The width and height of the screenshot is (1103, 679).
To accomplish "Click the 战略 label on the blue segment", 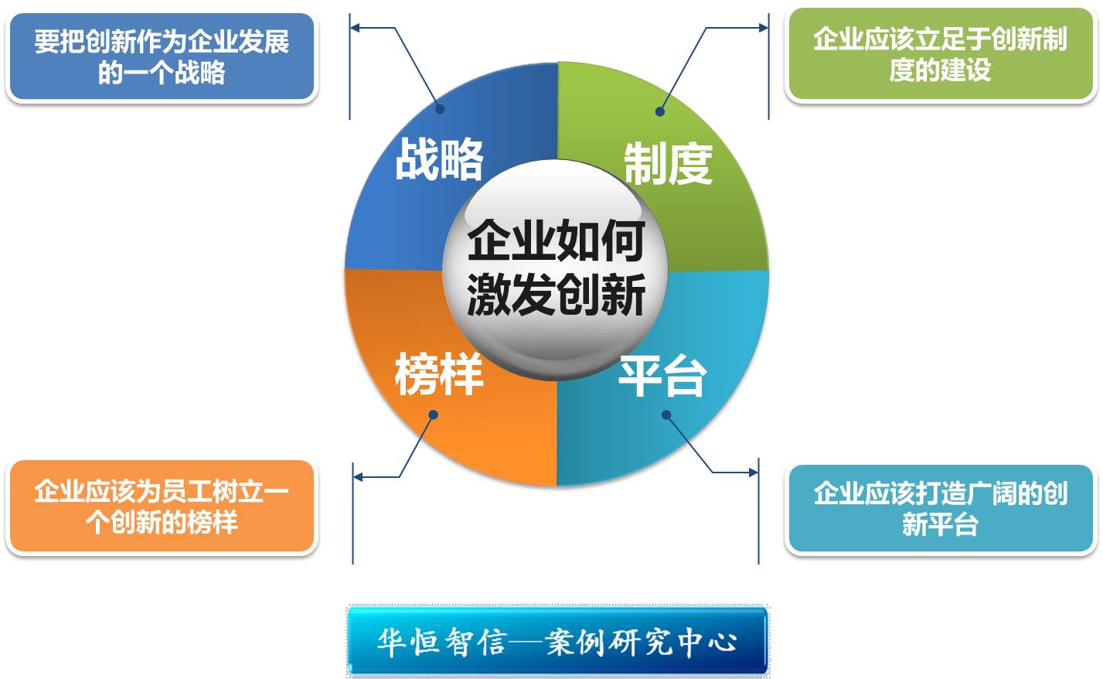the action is (439, 159).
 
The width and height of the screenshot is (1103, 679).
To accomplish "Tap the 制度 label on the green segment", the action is (668, 164).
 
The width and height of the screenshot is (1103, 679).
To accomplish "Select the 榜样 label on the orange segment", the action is (438, 374).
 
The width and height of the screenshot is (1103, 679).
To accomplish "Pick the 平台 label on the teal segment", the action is (662, 376).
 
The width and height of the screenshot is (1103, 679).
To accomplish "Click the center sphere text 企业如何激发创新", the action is (556, 268).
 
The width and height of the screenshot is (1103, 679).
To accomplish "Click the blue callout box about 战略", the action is (162, 56).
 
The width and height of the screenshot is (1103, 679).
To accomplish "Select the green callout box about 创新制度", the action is (940, 53).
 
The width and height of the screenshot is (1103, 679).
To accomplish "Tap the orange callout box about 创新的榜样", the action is (162, 506).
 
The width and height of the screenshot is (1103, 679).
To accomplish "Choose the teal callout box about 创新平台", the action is (940, 508).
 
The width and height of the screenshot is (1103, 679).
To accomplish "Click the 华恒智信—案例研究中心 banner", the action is (557, 640).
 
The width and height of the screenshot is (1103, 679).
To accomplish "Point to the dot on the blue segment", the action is (441, 109).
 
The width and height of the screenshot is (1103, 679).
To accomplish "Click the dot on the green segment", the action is (660, 112).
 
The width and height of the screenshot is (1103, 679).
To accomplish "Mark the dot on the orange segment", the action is (434, 415).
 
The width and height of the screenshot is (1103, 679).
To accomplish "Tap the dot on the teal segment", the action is (666, 415).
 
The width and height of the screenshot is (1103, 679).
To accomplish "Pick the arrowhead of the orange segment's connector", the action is (358, 477).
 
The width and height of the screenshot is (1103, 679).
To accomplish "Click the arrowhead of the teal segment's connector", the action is (754, 473).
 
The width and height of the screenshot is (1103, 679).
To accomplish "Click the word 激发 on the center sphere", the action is (510, 295).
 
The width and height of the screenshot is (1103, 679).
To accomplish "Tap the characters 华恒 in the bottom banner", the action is (407, 642).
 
